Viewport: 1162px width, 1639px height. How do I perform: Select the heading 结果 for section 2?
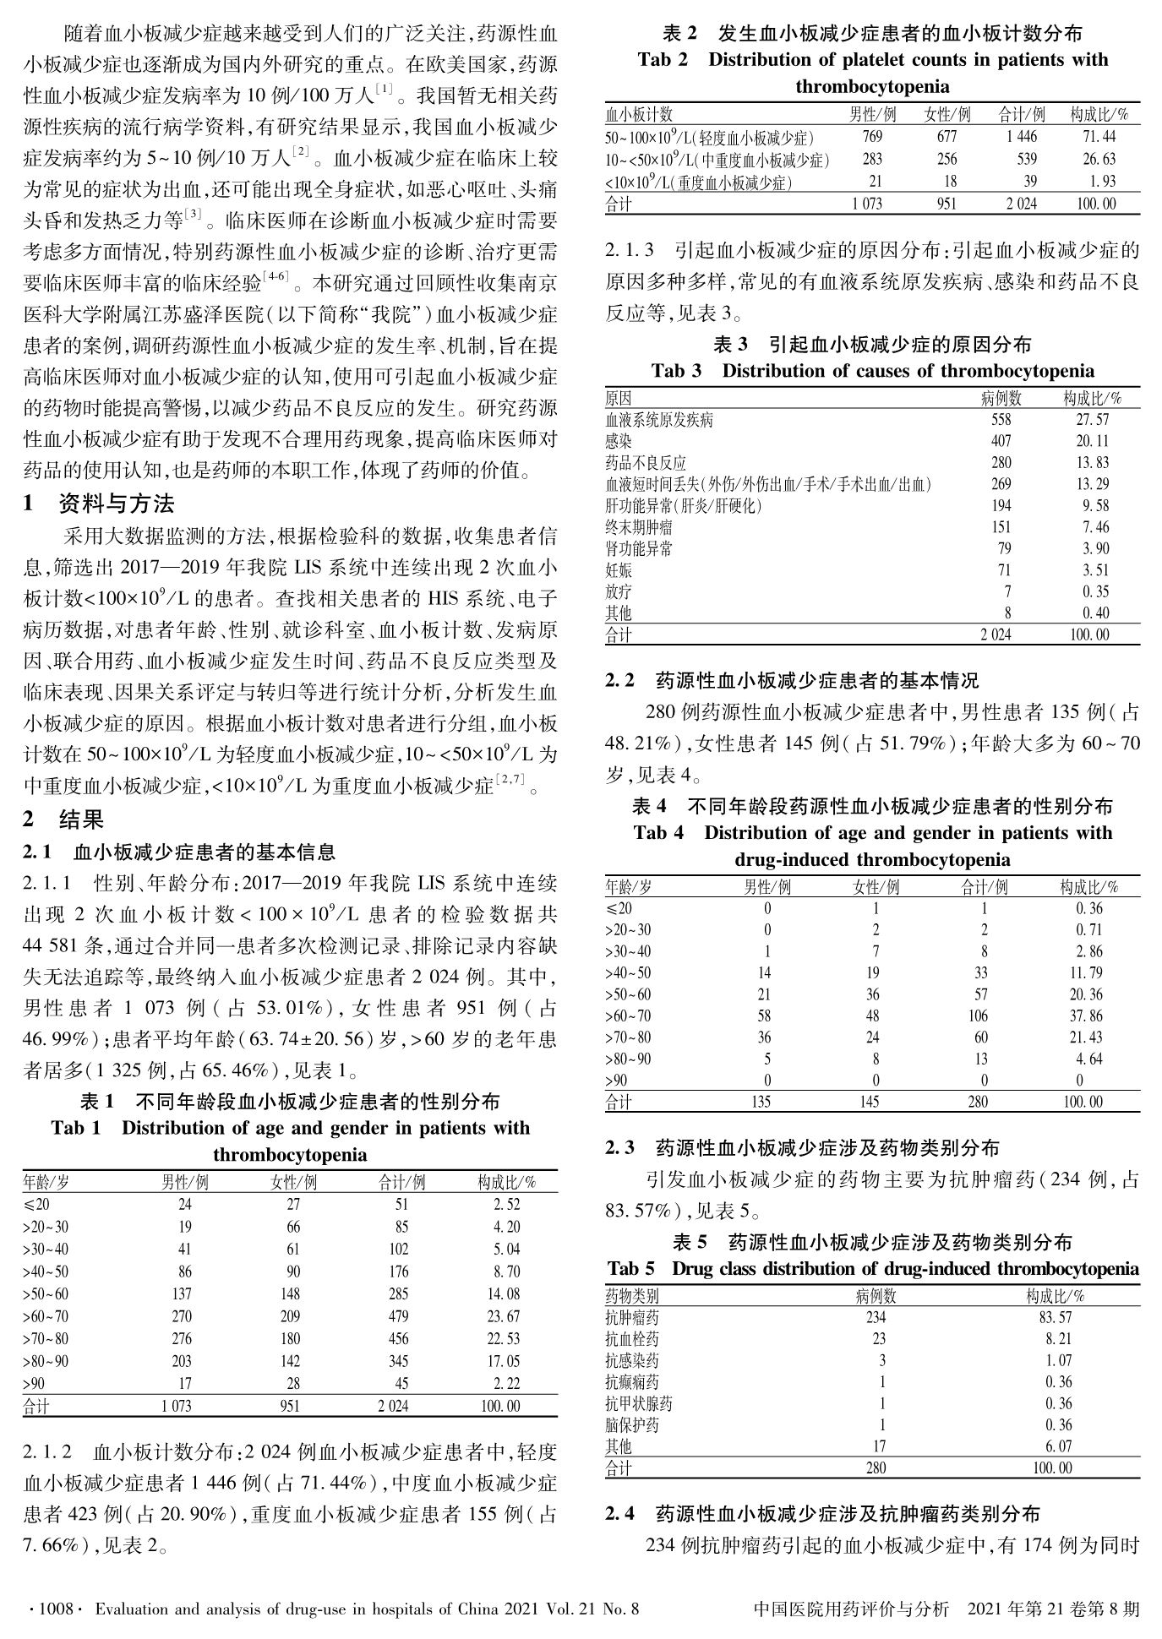[x=81, y=819]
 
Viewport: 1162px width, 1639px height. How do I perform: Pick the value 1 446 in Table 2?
[x=1022, y=137]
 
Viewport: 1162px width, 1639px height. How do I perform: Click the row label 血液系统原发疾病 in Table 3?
[x=659, y=420]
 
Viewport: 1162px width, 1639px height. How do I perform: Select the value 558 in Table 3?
[x=1001, y=420]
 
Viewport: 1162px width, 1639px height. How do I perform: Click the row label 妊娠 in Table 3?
[x=619, y=570]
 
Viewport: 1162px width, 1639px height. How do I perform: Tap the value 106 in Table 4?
[x=977, y=1016]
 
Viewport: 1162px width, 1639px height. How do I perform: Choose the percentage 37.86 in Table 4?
[x=1084, y=1016]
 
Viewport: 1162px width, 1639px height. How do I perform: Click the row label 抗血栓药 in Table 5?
[x=632, y=1339]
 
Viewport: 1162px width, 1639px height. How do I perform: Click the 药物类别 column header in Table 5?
[x=632, y=1296]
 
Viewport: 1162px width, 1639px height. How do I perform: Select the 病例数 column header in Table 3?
[x=1001, y=398]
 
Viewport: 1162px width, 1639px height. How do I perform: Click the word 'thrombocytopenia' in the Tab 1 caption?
[x=290, y=1155]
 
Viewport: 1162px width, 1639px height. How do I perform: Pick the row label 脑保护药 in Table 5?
[x=632, y=1425]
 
